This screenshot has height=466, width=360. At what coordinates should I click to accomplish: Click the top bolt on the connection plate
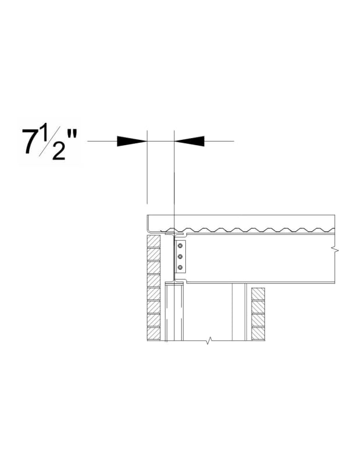[x=180, y=245]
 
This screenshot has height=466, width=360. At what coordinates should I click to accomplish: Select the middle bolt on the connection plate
[x=180, y=256]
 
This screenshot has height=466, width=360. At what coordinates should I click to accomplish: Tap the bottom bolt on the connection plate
[x=180, y=267]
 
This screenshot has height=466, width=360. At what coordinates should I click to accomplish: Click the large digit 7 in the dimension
[x=31, y=142]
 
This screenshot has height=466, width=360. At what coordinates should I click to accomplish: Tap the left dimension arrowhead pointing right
[x=132, y=141]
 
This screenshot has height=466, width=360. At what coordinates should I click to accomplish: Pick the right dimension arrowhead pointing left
[x=189, y=141]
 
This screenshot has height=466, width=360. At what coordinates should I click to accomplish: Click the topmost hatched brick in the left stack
[x=153, y=241]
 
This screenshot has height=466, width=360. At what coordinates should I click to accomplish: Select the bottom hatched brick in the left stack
[x=153, y=334]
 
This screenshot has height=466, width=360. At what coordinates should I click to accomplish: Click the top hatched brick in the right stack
[x=258, y=294]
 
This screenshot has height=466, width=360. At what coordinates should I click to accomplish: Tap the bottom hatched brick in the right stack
[x=258, y=334]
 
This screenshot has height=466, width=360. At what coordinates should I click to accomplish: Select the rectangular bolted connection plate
[x=180, y=256]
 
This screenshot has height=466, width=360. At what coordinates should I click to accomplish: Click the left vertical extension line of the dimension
[x=147, y=175]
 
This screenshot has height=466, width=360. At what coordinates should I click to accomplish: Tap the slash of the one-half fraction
[x=54, y=143]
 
